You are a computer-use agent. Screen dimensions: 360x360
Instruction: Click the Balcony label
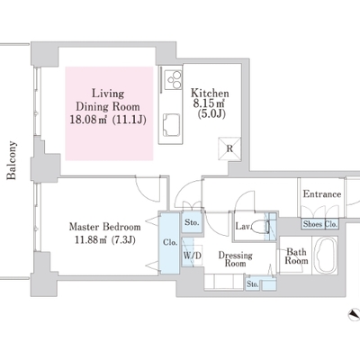coord(12,160)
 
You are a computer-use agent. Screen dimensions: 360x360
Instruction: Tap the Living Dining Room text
coord(108,100)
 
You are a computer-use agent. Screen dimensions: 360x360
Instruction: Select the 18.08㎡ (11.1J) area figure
coord(108,120)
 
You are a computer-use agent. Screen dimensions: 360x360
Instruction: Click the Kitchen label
coord(210,93)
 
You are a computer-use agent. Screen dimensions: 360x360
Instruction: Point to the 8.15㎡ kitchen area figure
coord(209,103)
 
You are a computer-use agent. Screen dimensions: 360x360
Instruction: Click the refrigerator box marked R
coord(229,148)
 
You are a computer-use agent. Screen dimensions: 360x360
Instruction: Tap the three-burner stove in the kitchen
coord(174,79)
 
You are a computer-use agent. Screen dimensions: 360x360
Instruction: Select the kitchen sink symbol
coord(171,125)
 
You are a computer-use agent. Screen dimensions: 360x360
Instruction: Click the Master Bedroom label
coord(105,227)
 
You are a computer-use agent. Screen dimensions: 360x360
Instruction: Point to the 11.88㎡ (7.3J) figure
coord(105,240)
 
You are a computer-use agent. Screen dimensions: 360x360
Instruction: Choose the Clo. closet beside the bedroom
coord(170,242)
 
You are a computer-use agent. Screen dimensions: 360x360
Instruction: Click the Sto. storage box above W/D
coord(192,222)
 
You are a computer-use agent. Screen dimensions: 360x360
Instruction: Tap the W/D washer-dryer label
coord(193,256)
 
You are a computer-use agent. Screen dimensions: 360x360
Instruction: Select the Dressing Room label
coord(235,259)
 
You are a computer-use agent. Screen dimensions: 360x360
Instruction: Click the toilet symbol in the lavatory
coord(261,226)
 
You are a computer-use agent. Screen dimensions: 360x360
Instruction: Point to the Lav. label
coord(243,226)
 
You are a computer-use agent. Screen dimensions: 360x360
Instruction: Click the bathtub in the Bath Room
coord(325,255)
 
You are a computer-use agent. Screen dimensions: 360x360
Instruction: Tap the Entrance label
coord(322,194)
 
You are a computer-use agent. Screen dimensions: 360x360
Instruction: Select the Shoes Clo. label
coord(320,224)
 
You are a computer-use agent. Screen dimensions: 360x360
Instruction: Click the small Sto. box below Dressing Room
coord(252,283)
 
